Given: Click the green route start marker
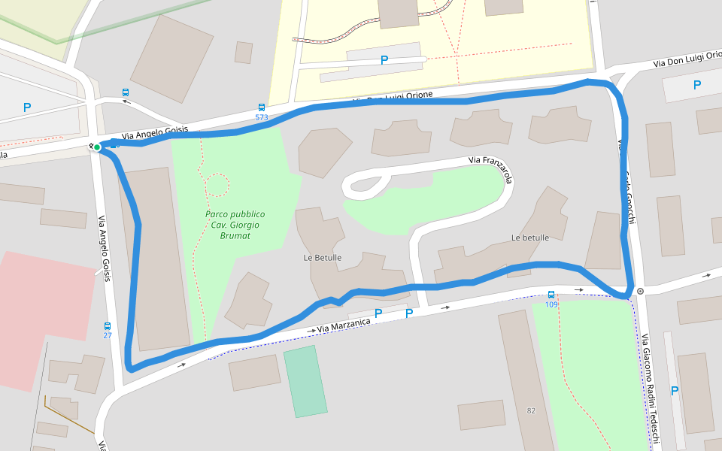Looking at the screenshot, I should coord(97,147).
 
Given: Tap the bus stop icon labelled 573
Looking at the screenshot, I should coord(262,107).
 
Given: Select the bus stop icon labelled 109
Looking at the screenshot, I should coord(551,295).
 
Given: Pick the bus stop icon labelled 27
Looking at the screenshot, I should coord(108,326).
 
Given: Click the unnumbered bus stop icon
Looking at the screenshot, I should coord(126,92).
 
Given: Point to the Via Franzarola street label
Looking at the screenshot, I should coord(490,169).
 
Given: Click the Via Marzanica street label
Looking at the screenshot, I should coord(344,325).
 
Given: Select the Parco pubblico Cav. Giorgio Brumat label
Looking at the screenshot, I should coord(235,225).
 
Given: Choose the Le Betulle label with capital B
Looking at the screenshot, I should coord(323,258).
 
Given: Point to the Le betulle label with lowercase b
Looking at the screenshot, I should coord(529,238).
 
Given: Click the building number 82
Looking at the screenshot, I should coord(531,410).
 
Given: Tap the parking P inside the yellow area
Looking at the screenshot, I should coord(384,60).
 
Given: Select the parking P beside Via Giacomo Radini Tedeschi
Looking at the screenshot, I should coord(675,391).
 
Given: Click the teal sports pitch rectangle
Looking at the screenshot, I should coord(305,381).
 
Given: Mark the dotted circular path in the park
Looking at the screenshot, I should coord(217,184).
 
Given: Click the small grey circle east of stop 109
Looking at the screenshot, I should coord(640,291).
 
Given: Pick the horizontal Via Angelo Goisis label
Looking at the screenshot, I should coord(150,132).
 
